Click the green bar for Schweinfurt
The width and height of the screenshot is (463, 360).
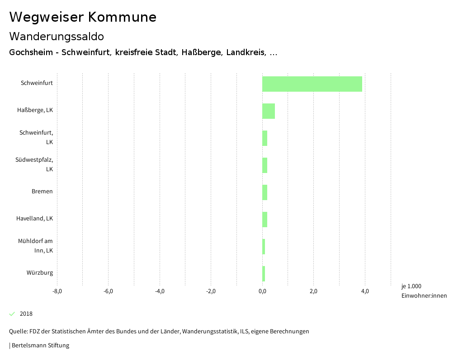312,84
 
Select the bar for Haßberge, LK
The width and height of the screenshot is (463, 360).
269,111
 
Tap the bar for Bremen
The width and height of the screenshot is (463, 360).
265,192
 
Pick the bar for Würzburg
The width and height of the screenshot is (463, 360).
264,274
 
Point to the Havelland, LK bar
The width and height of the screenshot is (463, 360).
265,220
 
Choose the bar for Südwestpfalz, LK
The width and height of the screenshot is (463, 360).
265,165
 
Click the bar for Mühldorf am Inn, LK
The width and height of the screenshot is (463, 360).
264,247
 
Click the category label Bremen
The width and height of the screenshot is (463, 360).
42,192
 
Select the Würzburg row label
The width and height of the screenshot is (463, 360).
40,273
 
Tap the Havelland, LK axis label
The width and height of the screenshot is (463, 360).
34,219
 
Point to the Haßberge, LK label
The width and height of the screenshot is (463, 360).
35,110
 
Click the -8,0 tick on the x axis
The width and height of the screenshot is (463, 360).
57,291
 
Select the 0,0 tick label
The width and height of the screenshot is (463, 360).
262,291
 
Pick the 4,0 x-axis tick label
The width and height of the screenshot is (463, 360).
365,291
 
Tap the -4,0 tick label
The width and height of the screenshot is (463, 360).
160,291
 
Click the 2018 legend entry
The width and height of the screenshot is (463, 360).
26,314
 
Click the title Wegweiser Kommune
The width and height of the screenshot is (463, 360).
83,17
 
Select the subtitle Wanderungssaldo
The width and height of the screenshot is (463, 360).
57,36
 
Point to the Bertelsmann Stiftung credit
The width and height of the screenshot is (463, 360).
40,346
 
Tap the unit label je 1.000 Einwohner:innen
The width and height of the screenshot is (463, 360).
424,291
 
